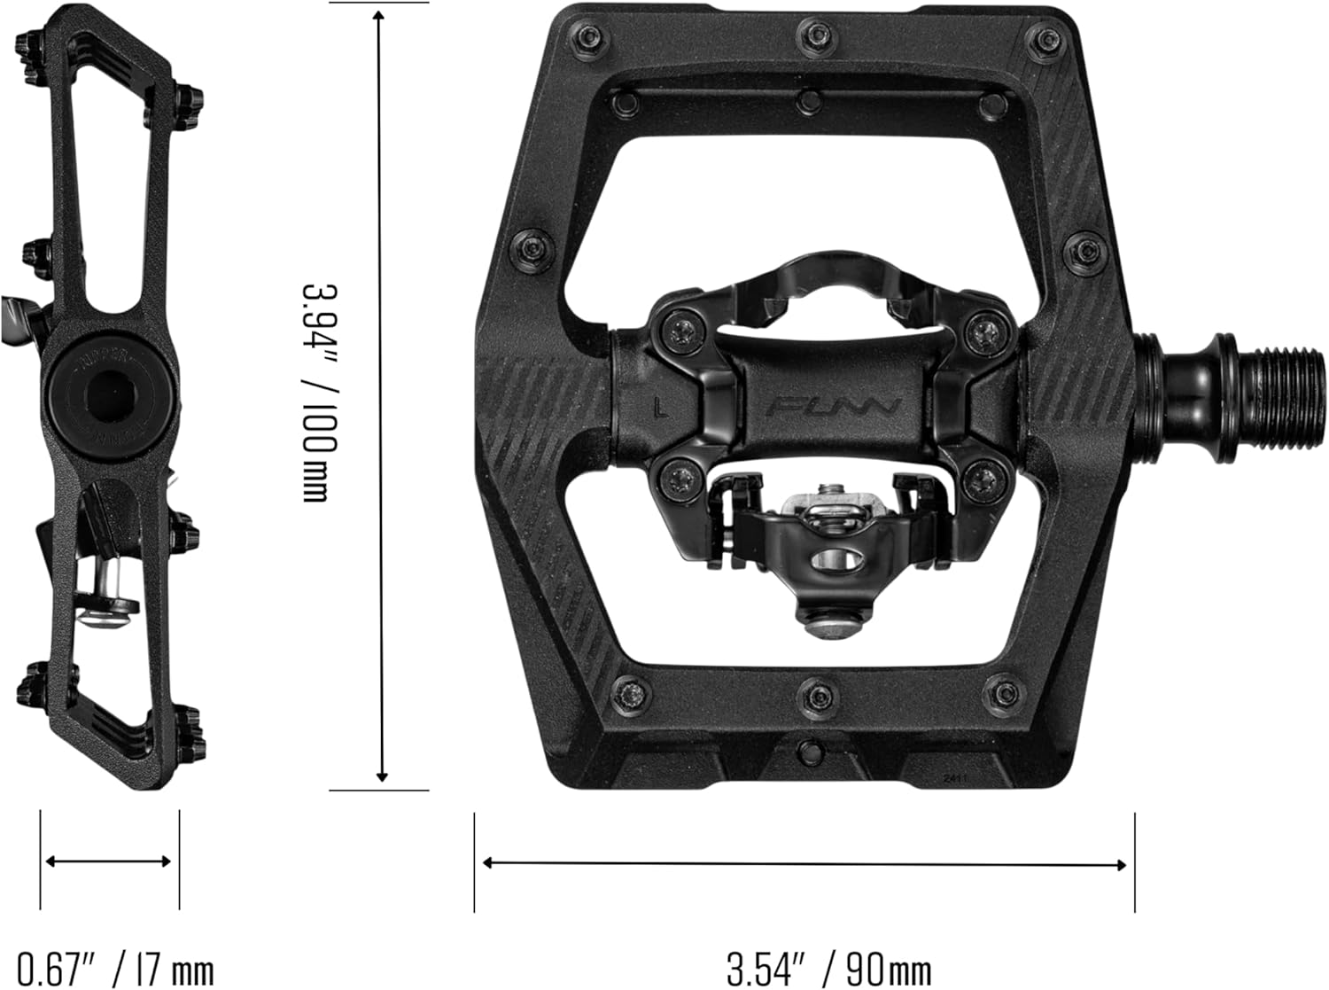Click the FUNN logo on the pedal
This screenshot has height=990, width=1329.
(x=834, y=408)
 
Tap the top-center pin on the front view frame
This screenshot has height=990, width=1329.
(x=812, y=35)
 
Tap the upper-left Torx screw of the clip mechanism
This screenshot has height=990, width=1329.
(x=685, y=331)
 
